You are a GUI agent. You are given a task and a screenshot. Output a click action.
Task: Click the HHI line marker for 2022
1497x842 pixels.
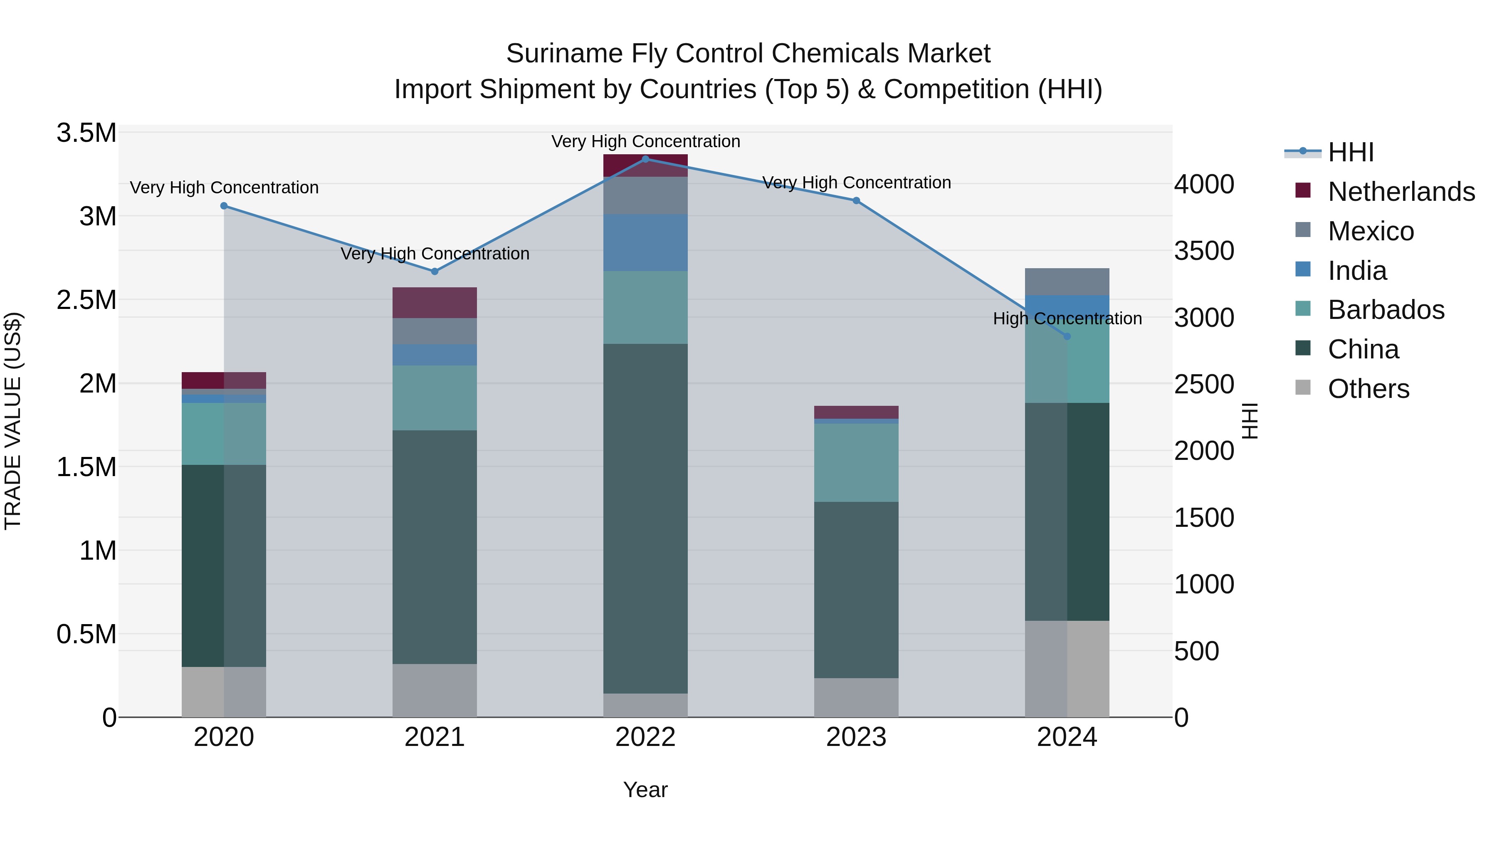click(645, 159)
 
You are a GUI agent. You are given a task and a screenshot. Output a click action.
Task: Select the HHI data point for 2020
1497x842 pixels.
click(224, 206)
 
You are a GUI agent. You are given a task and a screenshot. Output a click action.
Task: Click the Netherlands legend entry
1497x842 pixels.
click(1401, 192)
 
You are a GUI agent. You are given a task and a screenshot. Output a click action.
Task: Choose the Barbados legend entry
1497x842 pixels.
click(1386, 310)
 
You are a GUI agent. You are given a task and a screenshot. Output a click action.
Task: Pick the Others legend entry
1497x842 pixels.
click(1368, 389)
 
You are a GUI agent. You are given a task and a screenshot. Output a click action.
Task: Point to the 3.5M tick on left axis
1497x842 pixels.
click(86, 133)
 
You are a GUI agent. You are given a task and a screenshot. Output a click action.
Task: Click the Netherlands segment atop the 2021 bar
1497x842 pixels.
click(434, 302)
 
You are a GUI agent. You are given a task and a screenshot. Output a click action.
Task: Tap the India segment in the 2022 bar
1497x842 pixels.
click(645, 242)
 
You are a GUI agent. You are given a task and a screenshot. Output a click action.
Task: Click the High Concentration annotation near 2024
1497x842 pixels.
click(1067, 319)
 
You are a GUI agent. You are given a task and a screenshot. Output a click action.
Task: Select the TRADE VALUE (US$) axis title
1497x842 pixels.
click(13, 421)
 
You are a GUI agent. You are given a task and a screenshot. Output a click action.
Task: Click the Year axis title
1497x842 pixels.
click(645, 790)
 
